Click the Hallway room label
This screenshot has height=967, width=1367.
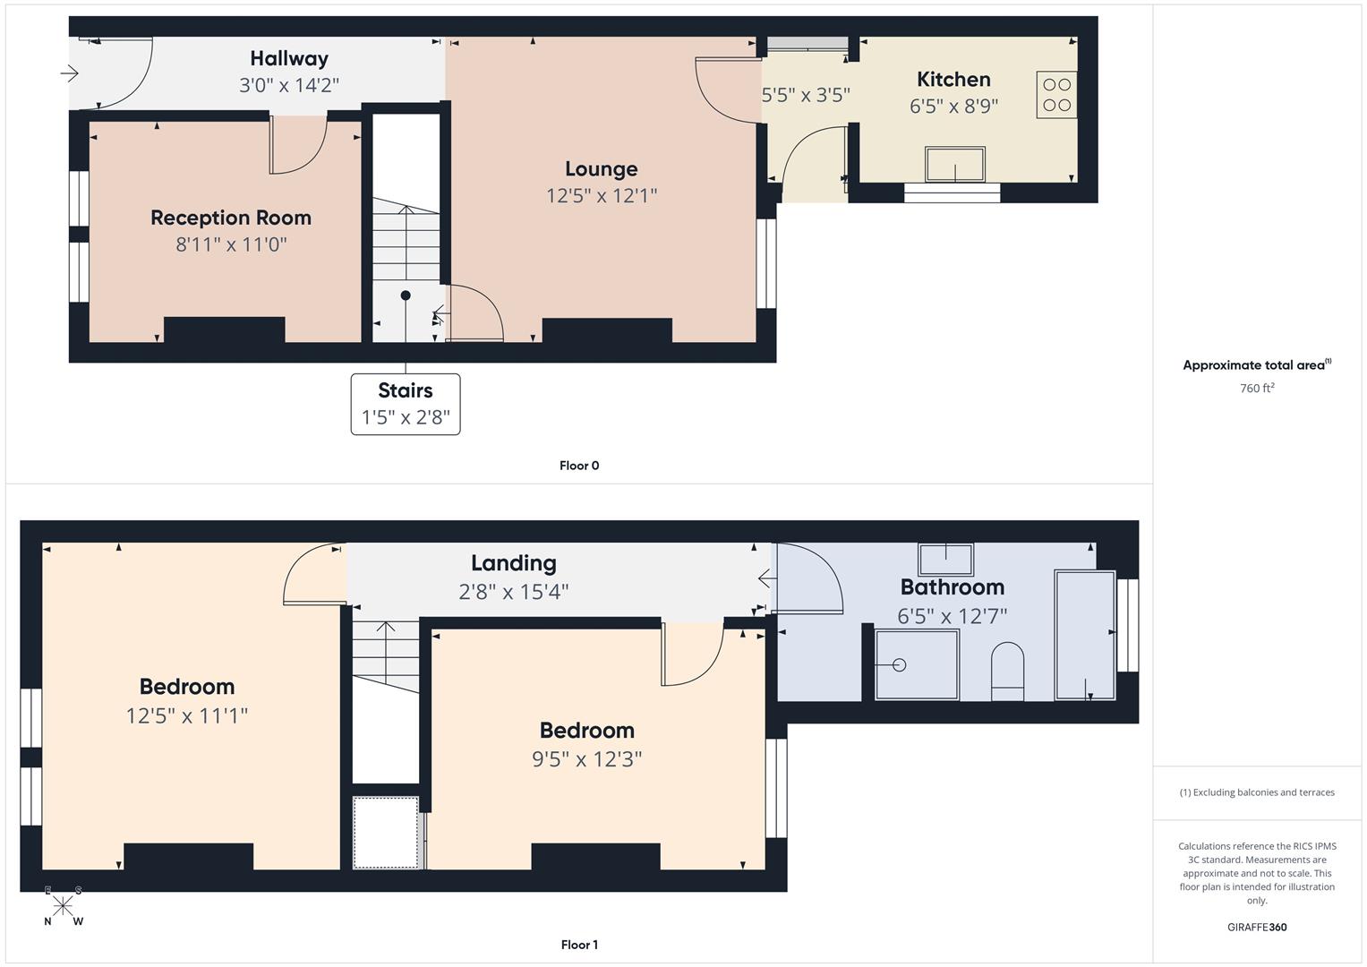pos(289,58)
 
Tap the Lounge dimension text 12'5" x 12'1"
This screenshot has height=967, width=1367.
pos(602,196)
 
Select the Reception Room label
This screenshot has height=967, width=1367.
pos(231,218)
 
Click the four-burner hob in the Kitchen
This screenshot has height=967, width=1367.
pos(1056,95)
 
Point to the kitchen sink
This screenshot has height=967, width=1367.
pos(954,164)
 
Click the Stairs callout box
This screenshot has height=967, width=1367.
pos(406,404)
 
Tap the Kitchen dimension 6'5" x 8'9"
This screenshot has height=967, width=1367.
pos(953,107)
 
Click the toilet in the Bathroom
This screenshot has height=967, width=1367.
pos(1007,671)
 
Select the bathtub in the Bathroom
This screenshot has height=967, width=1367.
pos(1085,635)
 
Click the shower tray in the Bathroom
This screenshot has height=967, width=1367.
pos(916,664)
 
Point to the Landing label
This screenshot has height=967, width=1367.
pos(513,563)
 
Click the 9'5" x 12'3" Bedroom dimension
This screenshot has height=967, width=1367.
pos(586,759)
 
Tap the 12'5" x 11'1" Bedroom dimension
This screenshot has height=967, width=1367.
pos(187,715)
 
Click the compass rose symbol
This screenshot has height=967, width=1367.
pos(63,906)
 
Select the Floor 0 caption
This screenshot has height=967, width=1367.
pos(579,466)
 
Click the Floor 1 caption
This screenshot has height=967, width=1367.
pos(579,945)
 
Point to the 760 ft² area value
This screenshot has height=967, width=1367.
pos(1257,389)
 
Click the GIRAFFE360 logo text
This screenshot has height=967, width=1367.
pos(1257,928)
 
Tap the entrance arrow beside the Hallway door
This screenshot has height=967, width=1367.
pos(70,73)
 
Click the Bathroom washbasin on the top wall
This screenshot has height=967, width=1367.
pos(946,559)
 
